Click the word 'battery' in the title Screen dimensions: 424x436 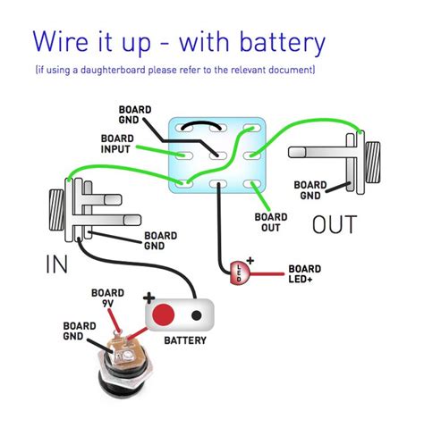[x=282, y=42]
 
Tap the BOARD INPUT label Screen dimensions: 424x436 [x=117, y=144]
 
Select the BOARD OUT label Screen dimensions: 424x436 [x=271, y=222]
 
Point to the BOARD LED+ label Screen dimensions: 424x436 [x=304, y=274]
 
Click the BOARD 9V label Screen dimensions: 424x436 [x=107, y=298]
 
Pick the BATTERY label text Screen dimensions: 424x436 [x=185, y=340]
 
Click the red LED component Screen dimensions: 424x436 [x=240, y=272]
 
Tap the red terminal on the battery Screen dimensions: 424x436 [x=163, y=314]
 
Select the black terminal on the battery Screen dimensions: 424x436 [x=196, y=315]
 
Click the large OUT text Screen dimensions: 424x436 [x=335, y=224]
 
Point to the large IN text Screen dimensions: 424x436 [x=56, y=264]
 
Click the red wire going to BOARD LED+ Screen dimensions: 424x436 [x=267, y=274]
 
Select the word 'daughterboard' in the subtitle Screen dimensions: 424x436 [x=113, y=71]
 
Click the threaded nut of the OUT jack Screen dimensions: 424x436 [x=373, y=163]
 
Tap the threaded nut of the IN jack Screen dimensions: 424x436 [x=56, y=210]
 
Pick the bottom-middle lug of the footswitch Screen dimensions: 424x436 [x=218, y=184]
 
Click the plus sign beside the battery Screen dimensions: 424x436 [x=148, y=298]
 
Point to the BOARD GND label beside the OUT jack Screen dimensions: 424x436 [x=310, y=190]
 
